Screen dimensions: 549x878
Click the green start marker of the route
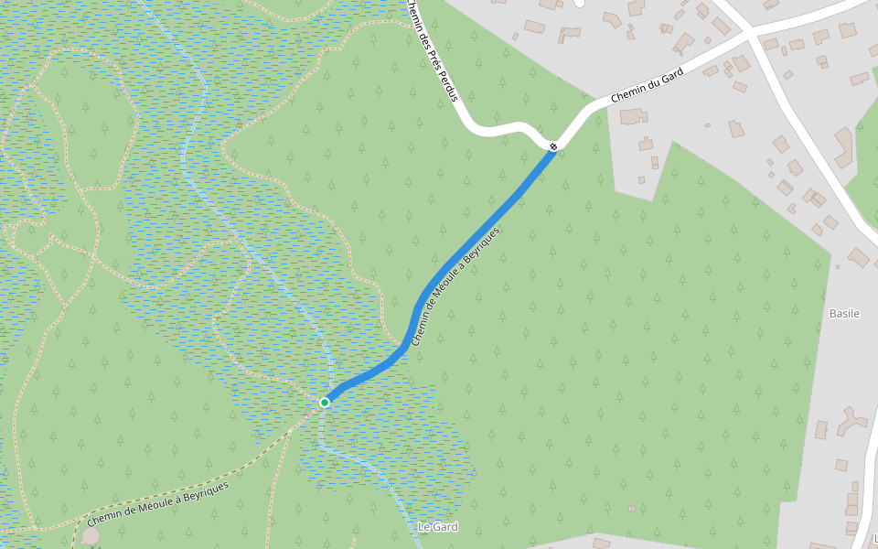[325, 402]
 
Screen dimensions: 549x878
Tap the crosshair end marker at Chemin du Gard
[553, 146]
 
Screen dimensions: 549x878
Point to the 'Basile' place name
[844, 313]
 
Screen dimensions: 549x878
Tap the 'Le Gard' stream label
[437, 527]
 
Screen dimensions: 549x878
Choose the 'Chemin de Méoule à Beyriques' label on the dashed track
[158, 503]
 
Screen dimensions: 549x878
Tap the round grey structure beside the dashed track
[91, 534]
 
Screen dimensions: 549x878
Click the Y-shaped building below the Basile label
[851, 421]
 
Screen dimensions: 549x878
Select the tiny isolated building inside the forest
[631, 508]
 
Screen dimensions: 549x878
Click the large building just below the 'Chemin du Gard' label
[632, 116]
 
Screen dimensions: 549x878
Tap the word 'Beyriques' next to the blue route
[481, 248]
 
